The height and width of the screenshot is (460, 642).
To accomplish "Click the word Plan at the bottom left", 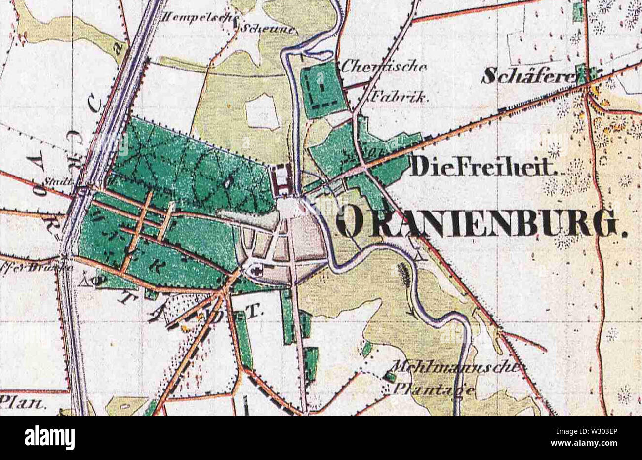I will pyautogui.click(x=23, y=403).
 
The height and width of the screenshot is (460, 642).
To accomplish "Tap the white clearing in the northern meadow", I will pyautogui.click(x=262, y=112).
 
